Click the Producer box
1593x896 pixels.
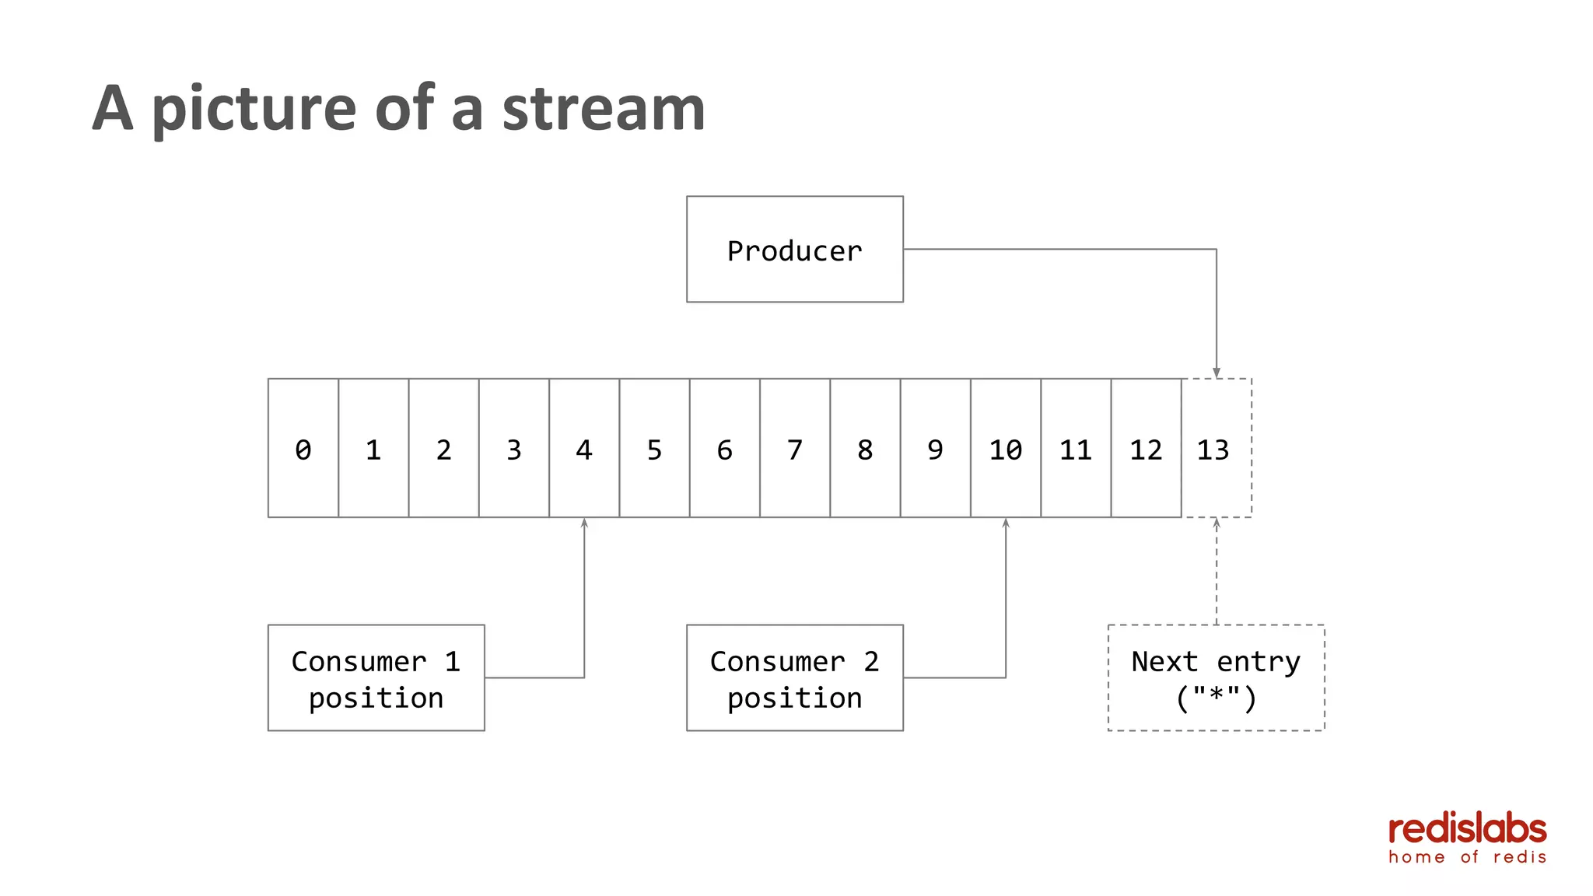pyautogui.click(x=794, y=249)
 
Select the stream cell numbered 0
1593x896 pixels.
pyautogui.click(x=303, y=448)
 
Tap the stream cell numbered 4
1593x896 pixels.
pyautogui.click(x=583, y=448)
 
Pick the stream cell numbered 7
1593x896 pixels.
pyautogui.click(x=794, y=448)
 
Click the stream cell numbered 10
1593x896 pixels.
pyautogui.click(x=1005, y=448)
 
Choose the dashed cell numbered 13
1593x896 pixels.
pyautogui.click(x=1216, y=448)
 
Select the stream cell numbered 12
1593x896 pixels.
pyautogui.click(x=1146, y=448)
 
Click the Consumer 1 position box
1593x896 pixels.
pyautogui.click(x=376, y=677)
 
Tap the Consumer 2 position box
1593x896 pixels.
pyautogui.click(x=794, y=677)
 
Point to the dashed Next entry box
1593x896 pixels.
pyautogui.click(x=1216, y=677)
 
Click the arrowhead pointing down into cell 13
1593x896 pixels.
pyautogui.click(x=1217, y=373)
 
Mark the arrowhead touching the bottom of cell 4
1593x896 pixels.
pyautogui.click(x=584, y=523)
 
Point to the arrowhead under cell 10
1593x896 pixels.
pyautogui.click(x=1006, y=523)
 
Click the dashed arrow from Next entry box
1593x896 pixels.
pyautogui.click(x=1217, y=576)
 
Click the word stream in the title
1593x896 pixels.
pyautogui.click(x=604, y=108)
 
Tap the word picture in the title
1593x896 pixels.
pyautogui.click(x=254, y=108)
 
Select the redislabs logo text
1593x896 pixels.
pyautogui.click(x=1467, y=829)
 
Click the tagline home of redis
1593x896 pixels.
pyautogui.click(x=1467, y=857)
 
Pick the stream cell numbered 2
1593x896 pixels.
pyautogui.click(x=443, y=448)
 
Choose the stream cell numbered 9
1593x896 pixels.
pyautogui.click(x=935, y=448)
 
